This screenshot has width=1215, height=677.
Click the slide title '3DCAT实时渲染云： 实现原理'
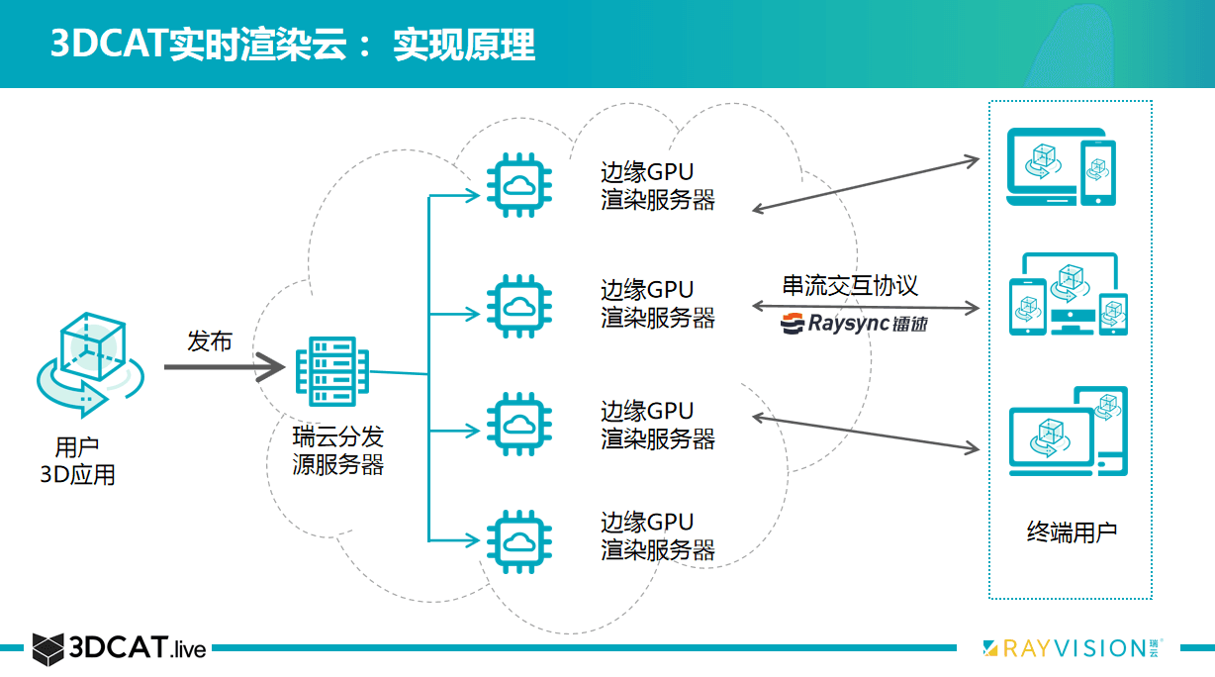293,45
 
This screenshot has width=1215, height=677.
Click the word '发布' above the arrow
210,341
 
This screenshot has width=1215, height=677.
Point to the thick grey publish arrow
223,367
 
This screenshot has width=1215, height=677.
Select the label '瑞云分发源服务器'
338,450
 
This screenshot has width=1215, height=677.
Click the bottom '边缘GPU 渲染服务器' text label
658,535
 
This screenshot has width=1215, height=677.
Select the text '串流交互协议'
850,286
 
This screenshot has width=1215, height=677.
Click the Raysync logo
854,323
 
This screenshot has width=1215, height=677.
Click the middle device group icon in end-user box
1067,294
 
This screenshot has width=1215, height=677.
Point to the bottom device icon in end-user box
1067,431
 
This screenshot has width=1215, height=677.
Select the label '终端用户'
1072,532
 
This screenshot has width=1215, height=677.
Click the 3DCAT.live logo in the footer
119,649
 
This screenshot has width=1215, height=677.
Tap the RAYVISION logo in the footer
1075,648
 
